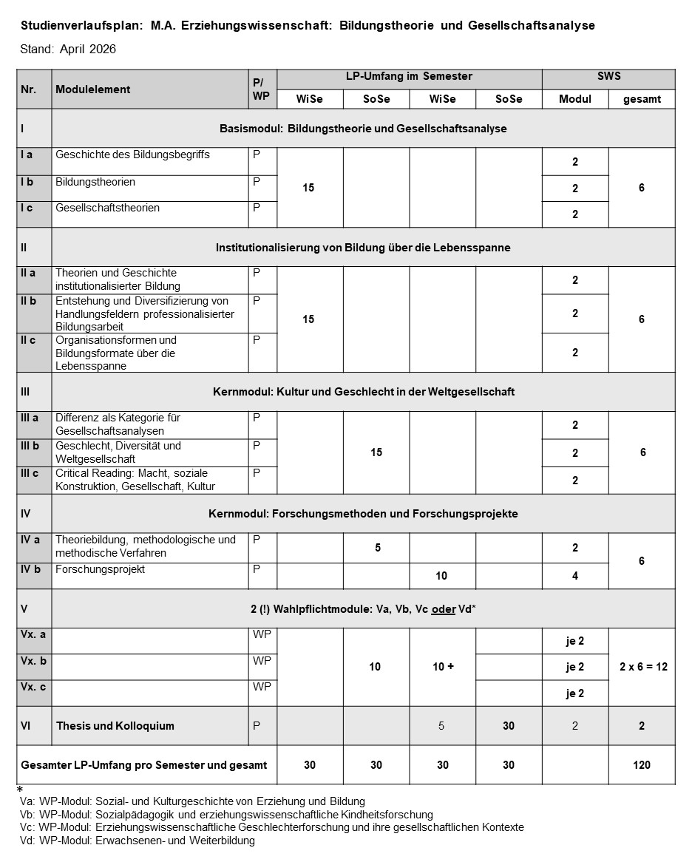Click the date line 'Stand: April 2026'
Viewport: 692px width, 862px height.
69,50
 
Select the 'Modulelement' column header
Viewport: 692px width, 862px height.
92,89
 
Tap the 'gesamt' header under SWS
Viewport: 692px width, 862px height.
642,99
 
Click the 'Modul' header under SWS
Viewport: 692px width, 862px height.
575,99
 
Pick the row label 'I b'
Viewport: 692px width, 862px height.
27,182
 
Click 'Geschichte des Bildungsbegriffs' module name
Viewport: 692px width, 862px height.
132,155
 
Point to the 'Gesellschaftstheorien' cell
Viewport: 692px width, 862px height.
107,208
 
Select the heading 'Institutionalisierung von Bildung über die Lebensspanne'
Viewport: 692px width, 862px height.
363,248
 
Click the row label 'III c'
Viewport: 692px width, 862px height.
30,473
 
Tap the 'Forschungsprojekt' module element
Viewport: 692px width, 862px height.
100,569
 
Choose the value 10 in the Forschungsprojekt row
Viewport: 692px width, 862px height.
442,576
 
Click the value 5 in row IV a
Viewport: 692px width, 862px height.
377,548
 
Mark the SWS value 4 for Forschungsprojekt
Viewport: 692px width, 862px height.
575,576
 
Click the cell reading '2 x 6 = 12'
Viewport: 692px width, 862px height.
642,667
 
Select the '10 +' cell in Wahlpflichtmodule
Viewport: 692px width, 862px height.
442,667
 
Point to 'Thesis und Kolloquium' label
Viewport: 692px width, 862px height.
115,726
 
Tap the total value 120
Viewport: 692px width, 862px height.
642,765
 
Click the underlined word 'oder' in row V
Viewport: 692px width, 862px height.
443,609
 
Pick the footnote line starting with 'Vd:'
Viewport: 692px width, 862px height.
138,841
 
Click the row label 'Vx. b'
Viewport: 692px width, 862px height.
33,661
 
